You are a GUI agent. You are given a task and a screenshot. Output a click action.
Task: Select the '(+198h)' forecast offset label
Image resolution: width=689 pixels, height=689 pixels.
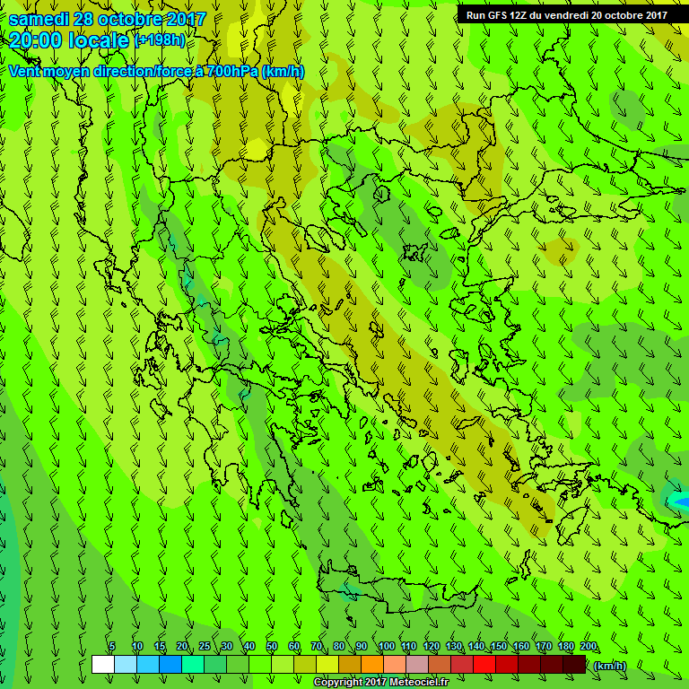[x=161, y=40]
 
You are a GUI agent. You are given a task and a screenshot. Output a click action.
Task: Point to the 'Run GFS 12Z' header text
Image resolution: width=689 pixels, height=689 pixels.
[x=496, y=14]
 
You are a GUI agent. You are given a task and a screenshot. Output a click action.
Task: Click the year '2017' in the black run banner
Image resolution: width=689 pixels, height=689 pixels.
[x=650, y=14]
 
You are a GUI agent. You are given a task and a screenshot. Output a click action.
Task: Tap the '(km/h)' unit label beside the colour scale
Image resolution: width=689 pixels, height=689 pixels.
[x=610, y=666]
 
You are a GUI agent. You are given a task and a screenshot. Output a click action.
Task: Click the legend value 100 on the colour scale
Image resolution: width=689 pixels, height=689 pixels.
[x=386, y=646]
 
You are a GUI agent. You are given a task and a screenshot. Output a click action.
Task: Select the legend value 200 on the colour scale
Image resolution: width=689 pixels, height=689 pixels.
[x=589, y=646]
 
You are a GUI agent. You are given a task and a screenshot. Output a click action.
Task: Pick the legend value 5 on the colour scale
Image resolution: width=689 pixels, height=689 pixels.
[x=112, y=646]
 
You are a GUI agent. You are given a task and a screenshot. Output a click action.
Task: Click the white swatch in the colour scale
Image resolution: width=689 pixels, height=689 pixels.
[x=102, y=665]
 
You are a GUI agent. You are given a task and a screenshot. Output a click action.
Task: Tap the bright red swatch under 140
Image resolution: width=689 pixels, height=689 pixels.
[x=484, y=665]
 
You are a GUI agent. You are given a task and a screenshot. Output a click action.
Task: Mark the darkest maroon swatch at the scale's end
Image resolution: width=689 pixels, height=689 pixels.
[x=574, y=665]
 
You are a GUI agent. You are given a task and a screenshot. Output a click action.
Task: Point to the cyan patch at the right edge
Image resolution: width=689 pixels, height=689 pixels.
[x=678, y=500]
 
